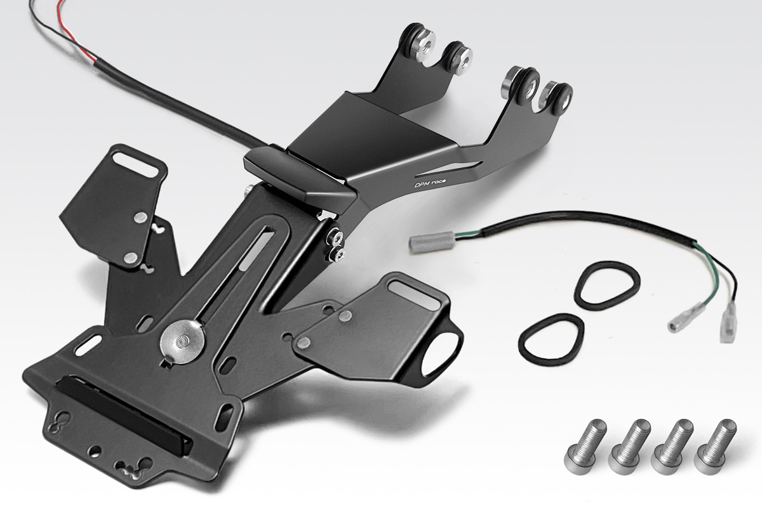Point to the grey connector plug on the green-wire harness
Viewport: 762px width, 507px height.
[432, 240]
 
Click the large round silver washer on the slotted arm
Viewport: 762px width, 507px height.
[183, 341]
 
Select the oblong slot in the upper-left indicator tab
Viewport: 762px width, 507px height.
[135, 164]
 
